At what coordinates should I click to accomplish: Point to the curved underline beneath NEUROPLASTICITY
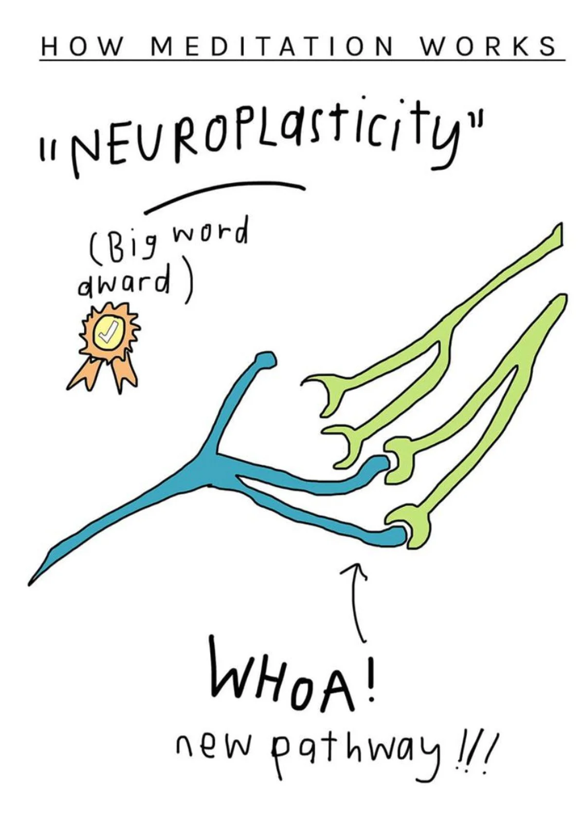(224, 195)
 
